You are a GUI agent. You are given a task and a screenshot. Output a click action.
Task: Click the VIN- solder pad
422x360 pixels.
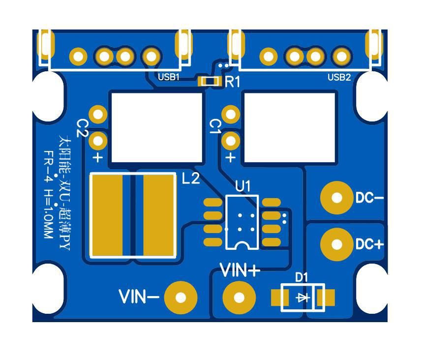(181, 298)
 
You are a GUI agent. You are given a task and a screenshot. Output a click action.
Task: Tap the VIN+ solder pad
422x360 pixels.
(240, 298)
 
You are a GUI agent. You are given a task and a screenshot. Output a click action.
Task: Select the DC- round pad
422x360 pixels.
(337, 198)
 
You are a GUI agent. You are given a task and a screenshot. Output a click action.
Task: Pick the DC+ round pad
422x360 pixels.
(337, 244)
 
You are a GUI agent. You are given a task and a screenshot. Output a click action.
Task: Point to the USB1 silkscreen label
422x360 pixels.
(169, 77)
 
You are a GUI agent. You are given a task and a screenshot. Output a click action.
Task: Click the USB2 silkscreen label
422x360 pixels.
(339, 77)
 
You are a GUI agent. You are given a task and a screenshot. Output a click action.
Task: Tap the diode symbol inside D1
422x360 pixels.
(301, 298)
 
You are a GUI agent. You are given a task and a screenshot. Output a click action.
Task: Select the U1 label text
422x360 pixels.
(243, 186)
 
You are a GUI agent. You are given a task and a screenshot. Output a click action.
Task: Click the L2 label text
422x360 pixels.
(191, 179)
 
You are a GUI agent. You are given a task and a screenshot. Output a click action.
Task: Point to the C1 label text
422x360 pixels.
(215, 126)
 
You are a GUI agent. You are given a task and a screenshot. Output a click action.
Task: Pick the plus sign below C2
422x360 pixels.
(98, 157)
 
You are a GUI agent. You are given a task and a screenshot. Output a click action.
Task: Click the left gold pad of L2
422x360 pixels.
(106, 214)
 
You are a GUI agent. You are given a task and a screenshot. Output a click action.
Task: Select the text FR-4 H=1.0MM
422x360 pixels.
(48, 195)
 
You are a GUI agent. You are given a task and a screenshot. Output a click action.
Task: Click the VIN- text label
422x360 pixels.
(139, 297)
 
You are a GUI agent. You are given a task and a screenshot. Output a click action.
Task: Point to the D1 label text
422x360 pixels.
(301, 277)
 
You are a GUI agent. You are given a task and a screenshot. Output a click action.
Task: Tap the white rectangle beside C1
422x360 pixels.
(290, 127)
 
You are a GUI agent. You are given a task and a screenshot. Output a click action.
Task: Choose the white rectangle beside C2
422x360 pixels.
(157, 127)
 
